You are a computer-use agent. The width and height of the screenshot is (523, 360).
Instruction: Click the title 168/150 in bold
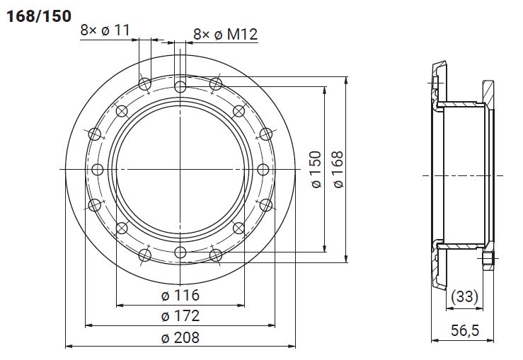(x=39, y=16)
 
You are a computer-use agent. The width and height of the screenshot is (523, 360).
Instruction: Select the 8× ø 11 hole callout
(x=105, y=30)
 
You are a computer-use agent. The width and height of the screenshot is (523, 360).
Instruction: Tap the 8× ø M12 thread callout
(x=226, y=34)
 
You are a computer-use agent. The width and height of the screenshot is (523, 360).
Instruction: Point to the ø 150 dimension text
(x=316, y=169)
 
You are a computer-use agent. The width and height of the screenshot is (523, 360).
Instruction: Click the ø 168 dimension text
(x=338, y=169)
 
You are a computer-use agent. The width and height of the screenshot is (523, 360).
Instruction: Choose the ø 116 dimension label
(x=180, y=296)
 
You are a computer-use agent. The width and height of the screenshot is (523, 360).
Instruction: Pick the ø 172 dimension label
(x=180, y=315)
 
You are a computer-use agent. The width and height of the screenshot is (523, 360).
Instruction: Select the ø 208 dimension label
(x=180, y=337)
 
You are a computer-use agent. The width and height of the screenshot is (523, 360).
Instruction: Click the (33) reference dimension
(x=464, y=296)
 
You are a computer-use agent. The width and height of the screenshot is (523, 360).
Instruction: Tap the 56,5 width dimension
(x=465, y=330)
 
